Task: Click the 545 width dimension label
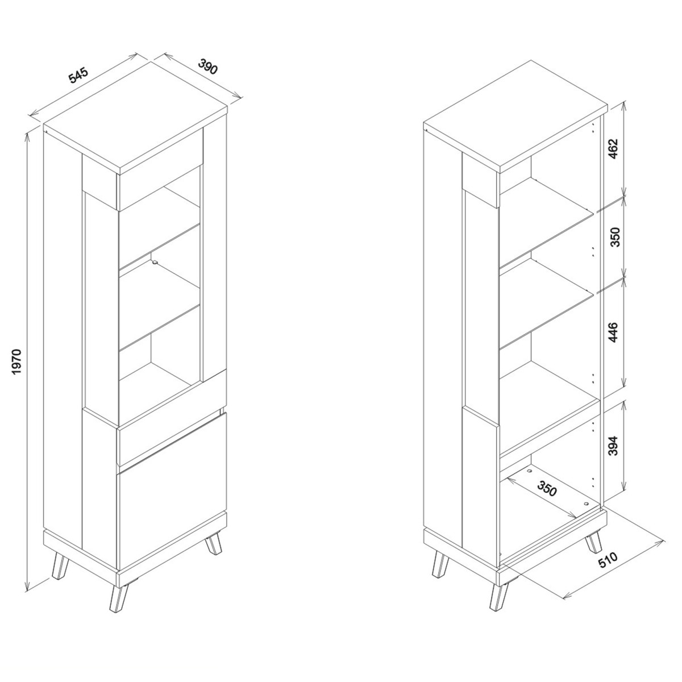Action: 78,76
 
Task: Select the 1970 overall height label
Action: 17,362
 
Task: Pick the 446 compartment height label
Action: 614,332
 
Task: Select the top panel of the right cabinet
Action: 515,117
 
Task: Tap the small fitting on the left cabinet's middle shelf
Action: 155,262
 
